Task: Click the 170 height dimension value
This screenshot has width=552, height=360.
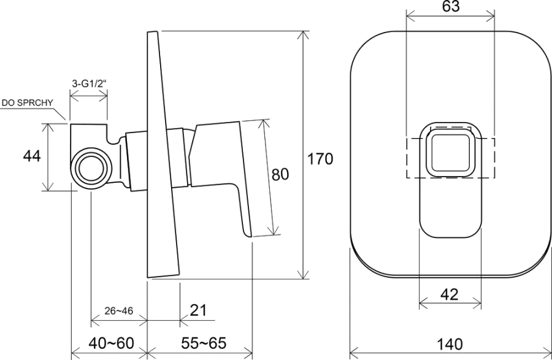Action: coord(320,159)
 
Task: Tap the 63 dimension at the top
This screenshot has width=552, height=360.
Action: coord(450,7)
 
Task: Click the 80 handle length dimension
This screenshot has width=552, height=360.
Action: coord(280,175)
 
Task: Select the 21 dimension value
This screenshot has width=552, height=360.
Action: coord(197,310)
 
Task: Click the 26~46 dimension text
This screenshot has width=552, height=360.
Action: coord(118,310)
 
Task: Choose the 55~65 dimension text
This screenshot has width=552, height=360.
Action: coord(199,343)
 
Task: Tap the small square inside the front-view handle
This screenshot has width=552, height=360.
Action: coord(450,151)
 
